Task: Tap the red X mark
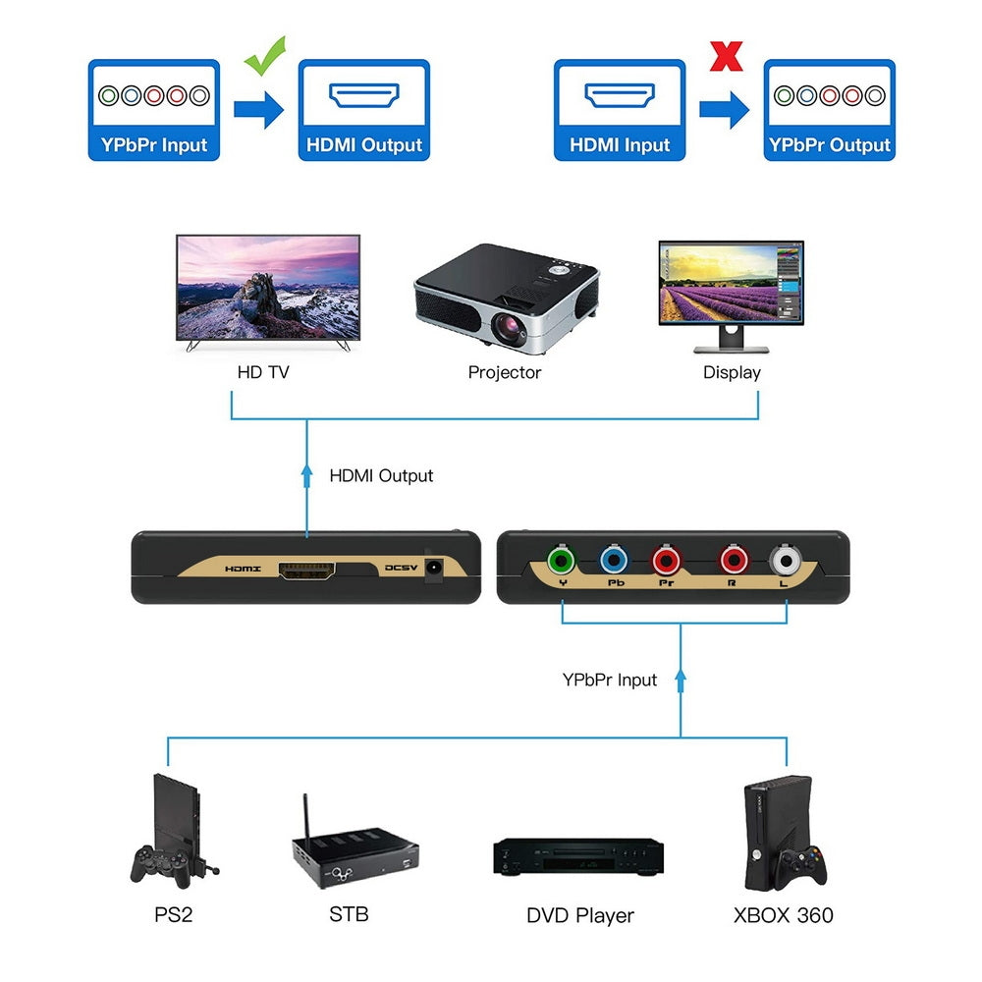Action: coord(726,55)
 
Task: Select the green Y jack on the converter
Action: coord(562,562)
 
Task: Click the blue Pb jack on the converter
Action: coord(614,562)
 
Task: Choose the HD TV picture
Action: coord(267,288)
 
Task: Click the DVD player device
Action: coord(577,856)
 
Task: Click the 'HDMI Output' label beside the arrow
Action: coord(381,475)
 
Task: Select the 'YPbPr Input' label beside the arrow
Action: coord(609,680)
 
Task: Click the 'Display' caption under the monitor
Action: coord(732,372)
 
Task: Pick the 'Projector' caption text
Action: coord(504,372)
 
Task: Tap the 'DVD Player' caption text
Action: coord(579,915)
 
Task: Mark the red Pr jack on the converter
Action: coord(666,562)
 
